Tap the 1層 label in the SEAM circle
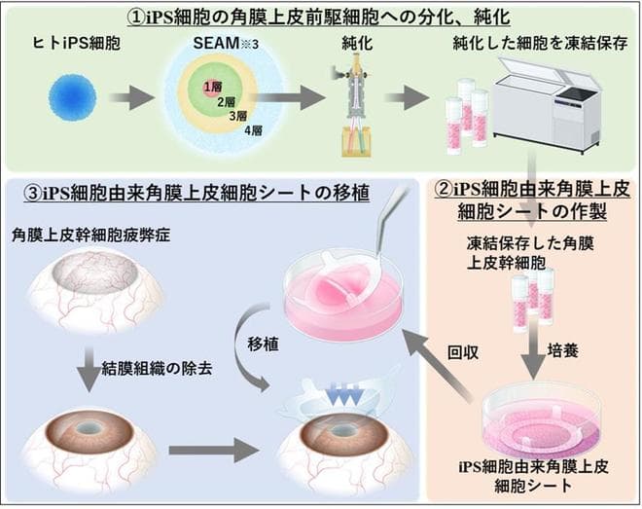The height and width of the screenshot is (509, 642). coord(208,88)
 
